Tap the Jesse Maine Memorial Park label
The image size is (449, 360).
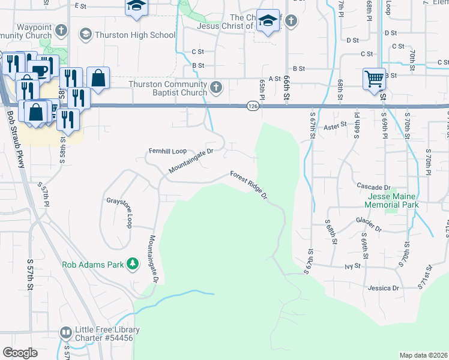[x=385, y=200]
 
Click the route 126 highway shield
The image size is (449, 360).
[x=253, y=106]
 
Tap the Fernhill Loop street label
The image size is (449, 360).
[x=168, y=152]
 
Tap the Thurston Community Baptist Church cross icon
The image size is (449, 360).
[x=216, y=89]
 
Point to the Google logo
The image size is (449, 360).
[x=20, y=353]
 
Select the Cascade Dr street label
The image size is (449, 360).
[x=373, y=187]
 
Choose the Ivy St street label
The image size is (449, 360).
[x=352, y=265]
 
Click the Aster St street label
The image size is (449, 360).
[x=336, y=126]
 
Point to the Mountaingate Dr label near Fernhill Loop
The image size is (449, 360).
[x=191, y=161]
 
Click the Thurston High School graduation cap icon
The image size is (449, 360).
[x=86, y=35]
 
